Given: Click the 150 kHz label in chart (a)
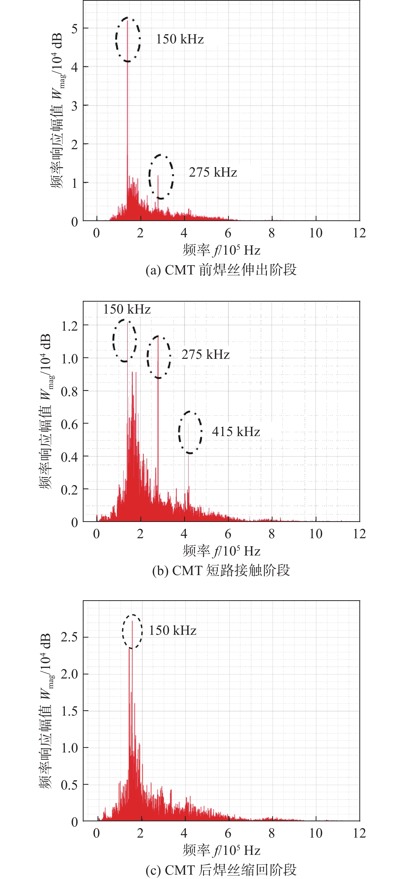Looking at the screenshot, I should [x=180, y=39].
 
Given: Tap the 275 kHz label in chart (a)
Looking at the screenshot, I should [x=213, y=172].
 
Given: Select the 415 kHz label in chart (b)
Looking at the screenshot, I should [x=236, y=432].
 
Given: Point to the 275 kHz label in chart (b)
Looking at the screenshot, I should [x=205, y=354].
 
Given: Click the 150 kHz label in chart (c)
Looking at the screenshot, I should [x=172, y=630].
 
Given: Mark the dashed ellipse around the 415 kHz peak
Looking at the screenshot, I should [x=190, y=432].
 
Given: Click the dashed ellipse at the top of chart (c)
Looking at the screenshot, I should [x=132, y=631].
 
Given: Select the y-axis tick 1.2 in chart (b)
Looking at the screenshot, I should [x=70, y=326].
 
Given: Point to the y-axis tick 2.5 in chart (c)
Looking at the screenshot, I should [x=70, y=637].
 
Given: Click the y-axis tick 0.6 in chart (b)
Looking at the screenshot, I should [x=70, y=424].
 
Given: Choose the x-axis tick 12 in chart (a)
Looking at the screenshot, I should [x=359, y=233].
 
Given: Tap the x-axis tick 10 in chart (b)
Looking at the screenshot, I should [x=316, y=534].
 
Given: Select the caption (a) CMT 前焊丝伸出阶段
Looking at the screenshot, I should [x=221, y=270].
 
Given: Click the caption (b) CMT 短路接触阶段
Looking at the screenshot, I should [x=221, y=570].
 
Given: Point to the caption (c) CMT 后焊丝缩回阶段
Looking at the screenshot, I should [x=221, y=870].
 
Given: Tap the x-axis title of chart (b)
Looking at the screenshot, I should [x=221, y=551].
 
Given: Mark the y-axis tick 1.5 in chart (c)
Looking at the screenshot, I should [x=70, y=711].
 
